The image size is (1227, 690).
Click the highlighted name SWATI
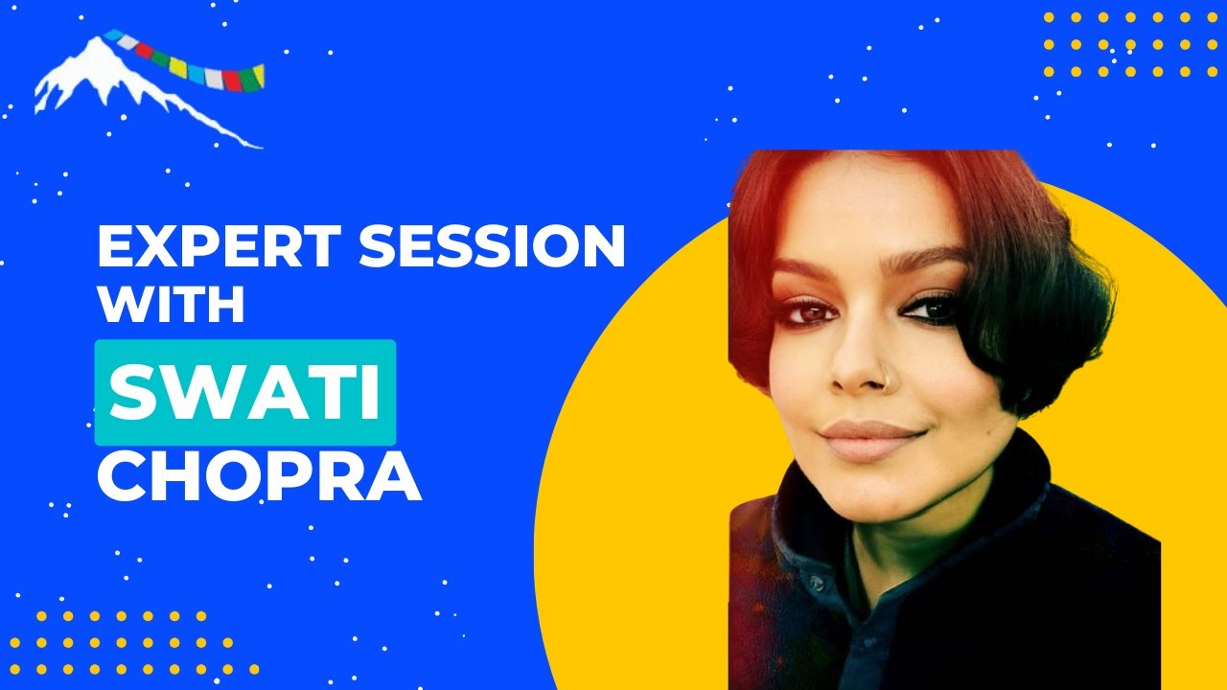[245, 393]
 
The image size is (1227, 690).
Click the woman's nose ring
[888, 377]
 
